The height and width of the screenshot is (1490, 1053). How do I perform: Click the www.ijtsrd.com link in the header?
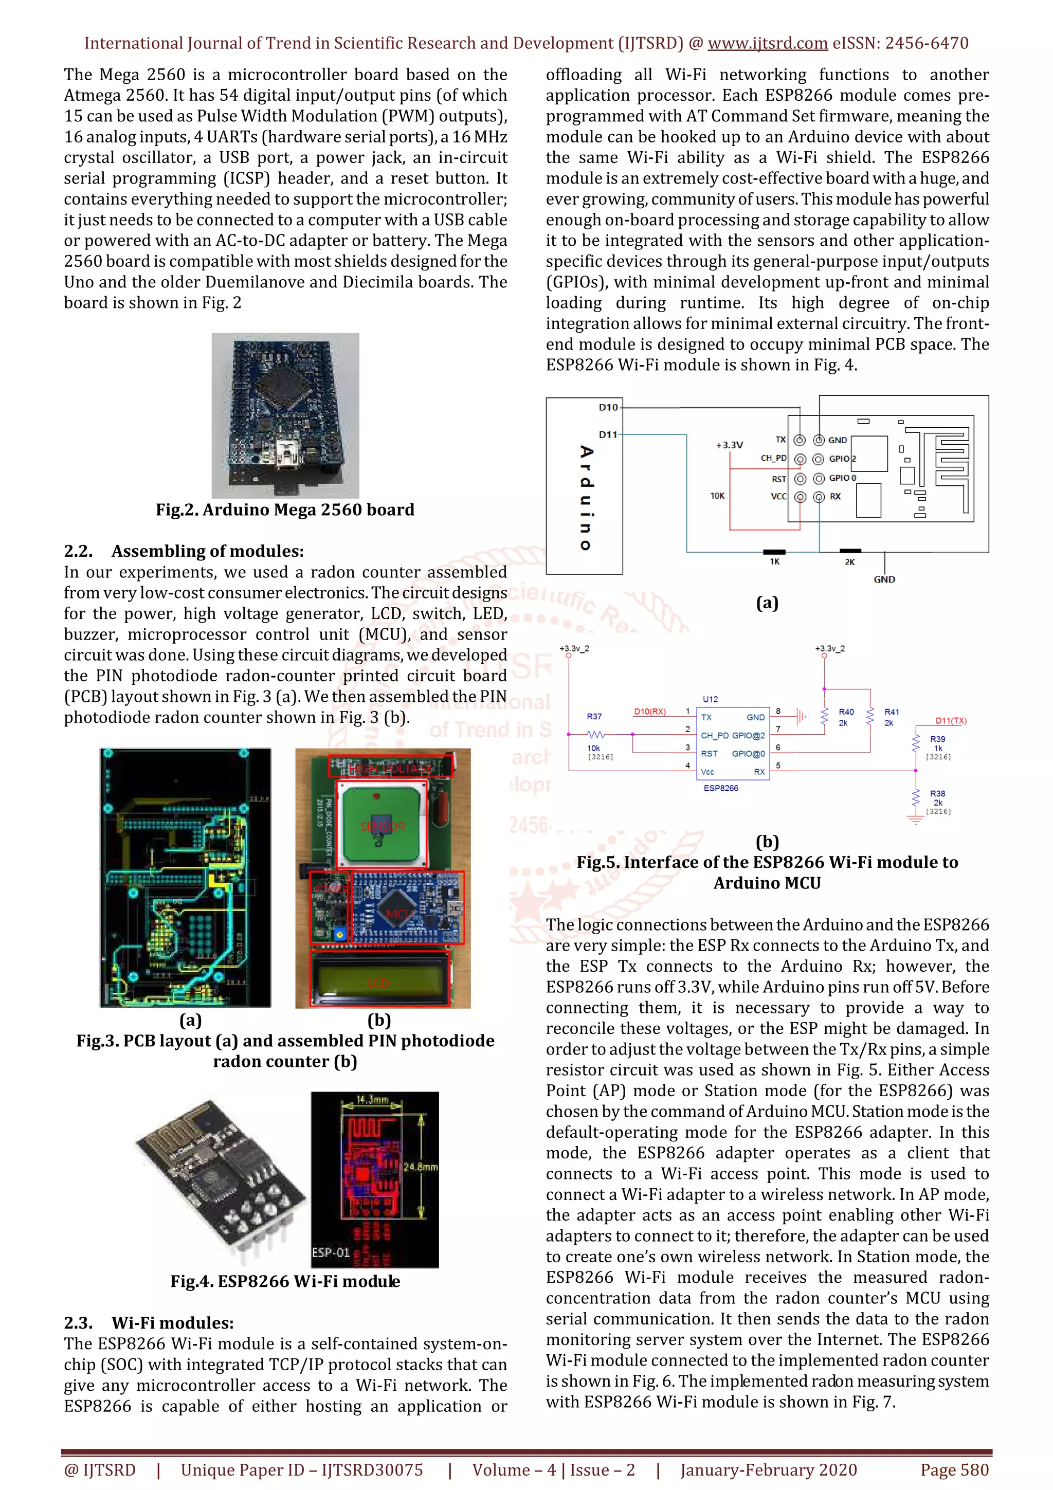767,44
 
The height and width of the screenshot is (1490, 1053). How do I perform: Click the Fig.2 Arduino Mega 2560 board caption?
285,510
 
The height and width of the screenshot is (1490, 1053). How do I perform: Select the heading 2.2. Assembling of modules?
184,551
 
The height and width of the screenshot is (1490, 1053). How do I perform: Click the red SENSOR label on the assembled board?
383,827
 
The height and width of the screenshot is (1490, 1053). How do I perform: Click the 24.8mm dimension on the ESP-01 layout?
421,1167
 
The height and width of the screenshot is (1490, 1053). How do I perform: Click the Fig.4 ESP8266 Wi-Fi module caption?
285,1281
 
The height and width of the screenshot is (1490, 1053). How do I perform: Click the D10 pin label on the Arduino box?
608,408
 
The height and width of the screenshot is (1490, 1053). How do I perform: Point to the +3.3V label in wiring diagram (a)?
729,445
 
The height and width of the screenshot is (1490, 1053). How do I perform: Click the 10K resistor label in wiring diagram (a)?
717,496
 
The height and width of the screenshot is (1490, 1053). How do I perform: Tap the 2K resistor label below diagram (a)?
849,562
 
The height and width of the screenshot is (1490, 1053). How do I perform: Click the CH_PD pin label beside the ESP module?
773,458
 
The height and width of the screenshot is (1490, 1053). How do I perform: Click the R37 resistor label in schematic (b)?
594,716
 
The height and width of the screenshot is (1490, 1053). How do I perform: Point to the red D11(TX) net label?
951,721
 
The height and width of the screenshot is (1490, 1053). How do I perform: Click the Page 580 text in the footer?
954,1470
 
